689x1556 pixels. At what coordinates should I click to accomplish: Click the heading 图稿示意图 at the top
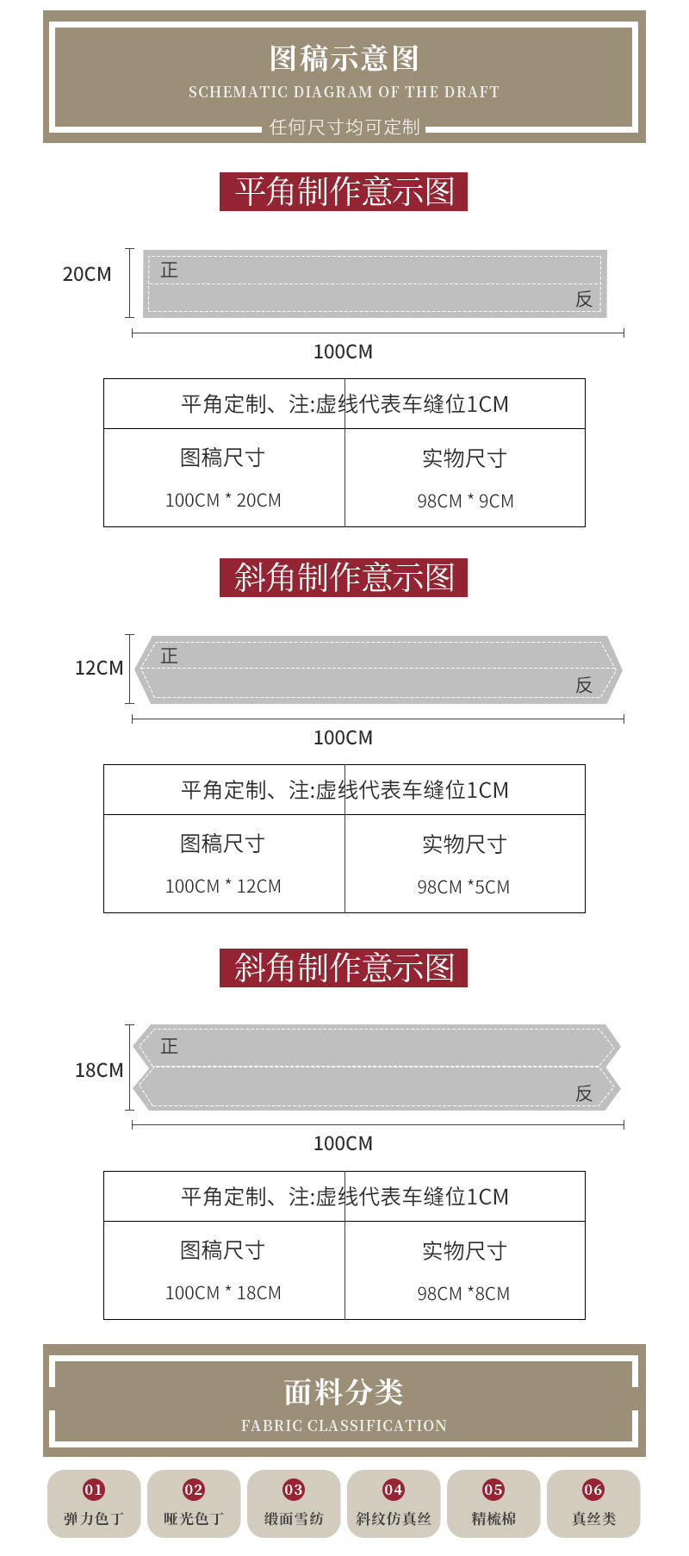[344, 59]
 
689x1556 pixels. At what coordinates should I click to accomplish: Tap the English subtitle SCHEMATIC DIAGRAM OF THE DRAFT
[344, 92]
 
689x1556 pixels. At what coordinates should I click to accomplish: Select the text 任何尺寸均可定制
[344, 128]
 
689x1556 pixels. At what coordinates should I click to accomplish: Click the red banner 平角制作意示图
[344, 191]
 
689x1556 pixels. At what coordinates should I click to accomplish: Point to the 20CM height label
[87, 275]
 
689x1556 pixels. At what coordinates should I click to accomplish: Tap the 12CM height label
[99, 669]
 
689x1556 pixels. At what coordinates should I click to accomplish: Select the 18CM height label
[99, 1071]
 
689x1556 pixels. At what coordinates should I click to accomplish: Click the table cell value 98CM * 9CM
[465, 501]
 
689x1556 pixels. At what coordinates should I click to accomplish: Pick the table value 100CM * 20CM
[223, 501]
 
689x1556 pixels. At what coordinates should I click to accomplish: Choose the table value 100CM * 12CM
[223, 887]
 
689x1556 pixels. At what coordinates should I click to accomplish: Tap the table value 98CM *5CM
[463, 887]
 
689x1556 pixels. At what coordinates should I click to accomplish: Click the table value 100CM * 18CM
[223, 1293]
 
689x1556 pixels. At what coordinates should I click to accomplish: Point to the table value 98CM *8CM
[463, 1294]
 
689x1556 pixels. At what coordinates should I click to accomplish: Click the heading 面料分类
[344, 1392]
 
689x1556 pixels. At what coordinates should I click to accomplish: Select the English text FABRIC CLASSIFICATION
[344, 1426]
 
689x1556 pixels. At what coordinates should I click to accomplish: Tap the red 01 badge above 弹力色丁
[94, 1490]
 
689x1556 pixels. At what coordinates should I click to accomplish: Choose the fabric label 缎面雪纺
[294, 1519]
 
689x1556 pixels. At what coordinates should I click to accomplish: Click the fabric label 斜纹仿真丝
[394, 1519]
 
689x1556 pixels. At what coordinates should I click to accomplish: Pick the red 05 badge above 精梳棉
[493, 1490]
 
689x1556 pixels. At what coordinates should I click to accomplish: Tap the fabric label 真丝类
[593, 1519]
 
